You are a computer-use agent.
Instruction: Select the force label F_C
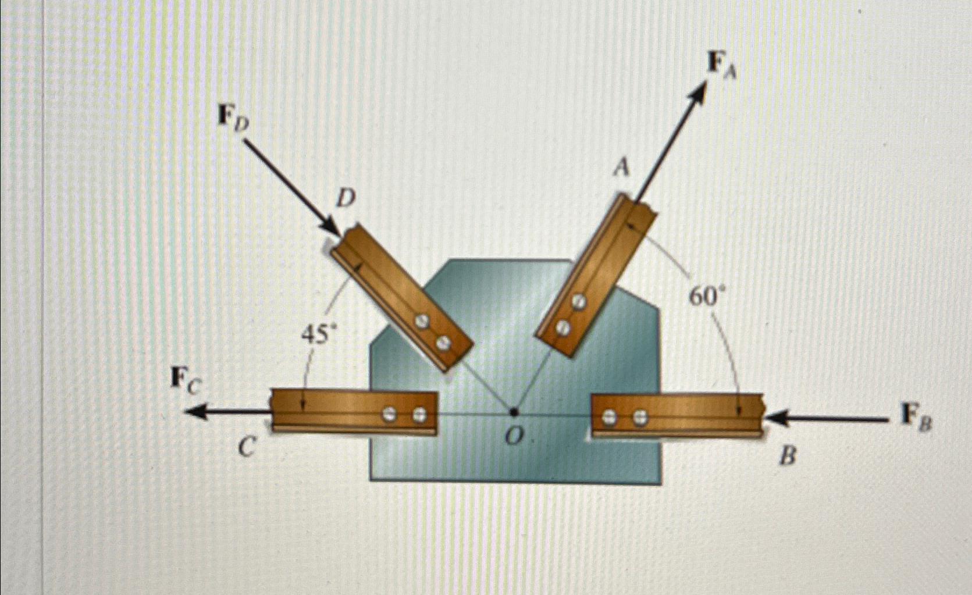[186, 379]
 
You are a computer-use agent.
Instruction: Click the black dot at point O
[514, 412]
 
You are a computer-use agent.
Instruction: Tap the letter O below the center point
[512, 437]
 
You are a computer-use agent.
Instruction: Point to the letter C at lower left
[247, 447]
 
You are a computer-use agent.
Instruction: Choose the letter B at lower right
[787, 457]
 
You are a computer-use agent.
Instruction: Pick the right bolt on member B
[640, 416]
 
